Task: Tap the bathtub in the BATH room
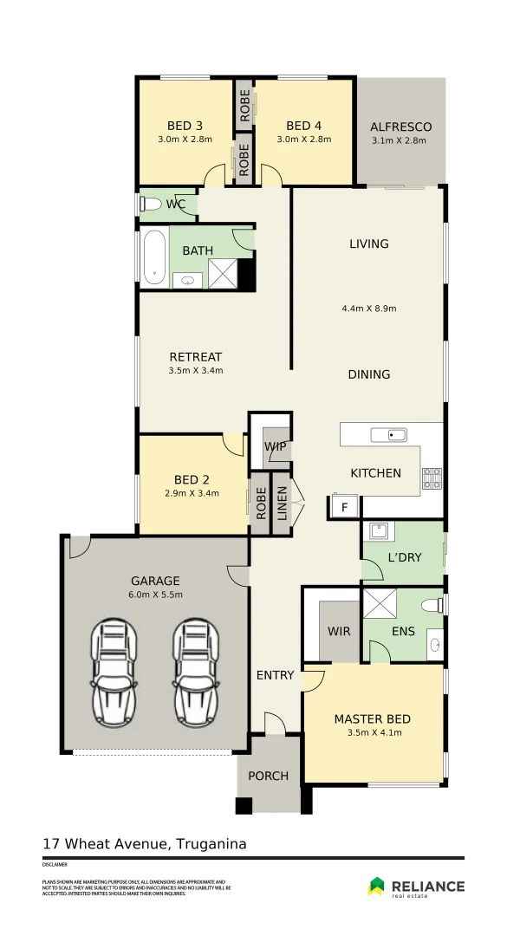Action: tap(154, 257)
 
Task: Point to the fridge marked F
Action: tap(344, 507)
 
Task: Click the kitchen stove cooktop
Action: tap(431, 477)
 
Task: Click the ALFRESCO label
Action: tap(400, 127)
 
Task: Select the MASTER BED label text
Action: tap(373, 718)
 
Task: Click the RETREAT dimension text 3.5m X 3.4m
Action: tap(196, 371)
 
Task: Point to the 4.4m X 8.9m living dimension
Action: tap(369, 308)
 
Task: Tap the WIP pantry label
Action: tap(276, 446)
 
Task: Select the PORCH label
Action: tap(269, 776)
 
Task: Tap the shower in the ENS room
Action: tap(379, 603)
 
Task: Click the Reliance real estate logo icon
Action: tap(377, 886)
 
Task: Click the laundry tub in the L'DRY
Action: tap(379, 531)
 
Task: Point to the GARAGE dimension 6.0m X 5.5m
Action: tap(155, 595)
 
